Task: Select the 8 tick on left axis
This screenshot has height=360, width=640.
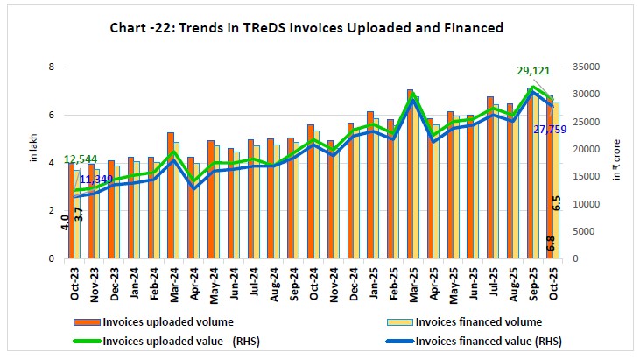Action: tap(53, 67)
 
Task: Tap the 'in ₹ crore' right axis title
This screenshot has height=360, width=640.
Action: tap(615, 163)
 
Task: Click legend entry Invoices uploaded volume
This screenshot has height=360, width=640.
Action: tap(154, 321)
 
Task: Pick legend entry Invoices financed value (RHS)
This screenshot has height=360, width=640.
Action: tap(489, 341)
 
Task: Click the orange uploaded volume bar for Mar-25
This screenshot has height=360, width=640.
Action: tap(409, 175)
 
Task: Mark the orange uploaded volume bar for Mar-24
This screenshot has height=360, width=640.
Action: tap(171, 196)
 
